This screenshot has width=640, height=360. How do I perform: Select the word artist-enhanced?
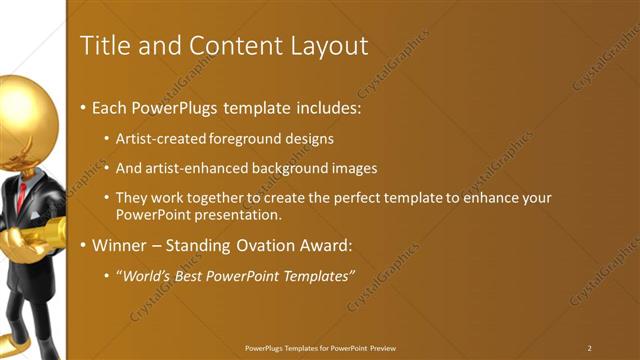tap(193, 168)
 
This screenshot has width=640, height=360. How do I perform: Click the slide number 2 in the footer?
tap(589, 348)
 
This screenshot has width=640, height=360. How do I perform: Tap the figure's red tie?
tap(21, 195)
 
